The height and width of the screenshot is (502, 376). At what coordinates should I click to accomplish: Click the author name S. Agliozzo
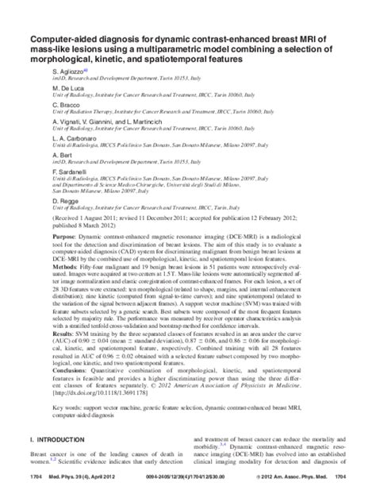point(66,71)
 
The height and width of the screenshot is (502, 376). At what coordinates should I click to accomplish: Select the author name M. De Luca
point(65,88)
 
